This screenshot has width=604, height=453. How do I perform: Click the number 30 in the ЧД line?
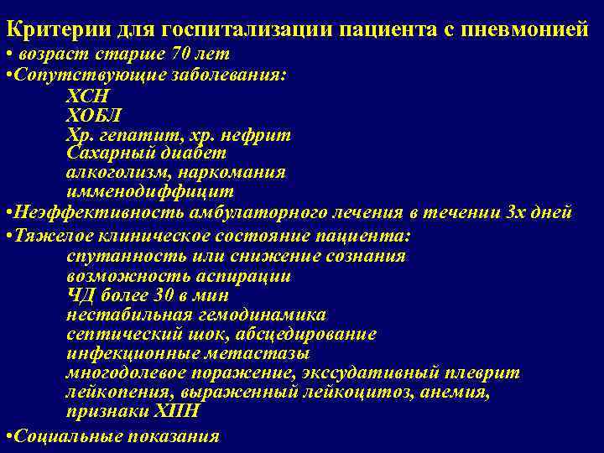click(x=164, y=295)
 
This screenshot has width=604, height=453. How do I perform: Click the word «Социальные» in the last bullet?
click(x=60, y=435)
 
